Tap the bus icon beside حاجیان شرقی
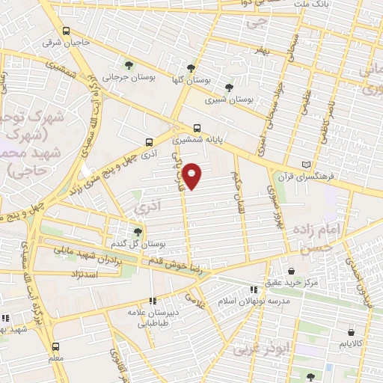click(x=67, y=31)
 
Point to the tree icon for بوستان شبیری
click(x=229, y=87)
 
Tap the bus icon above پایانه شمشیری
click(x=197, y=128)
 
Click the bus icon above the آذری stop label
click(x=148, y=141)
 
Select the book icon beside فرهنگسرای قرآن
click(x=304, y=165)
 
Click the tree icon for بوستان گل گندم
click(x=138, y=232)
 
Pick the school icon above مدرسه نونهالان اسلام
click(x=254, y=289)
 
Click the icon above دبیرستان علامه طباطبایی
click(x=153, y=301)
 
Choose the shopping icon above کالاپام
click(x=349, y=331)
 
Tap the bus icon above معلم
click(x=56, y=346)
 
